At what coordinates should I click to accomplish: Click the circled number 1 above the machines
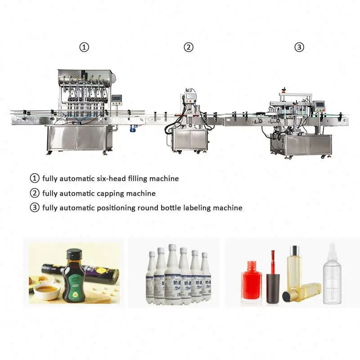coord(84,47)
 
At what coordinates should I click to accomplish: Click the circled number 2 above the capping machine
coord(189,47)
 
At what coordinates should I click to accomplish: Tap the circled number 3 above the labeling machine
coord(299,47)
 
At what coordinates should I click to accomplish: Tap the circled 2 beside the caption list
coord(35,193)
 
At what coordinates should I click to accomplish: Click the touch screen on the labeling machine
coord(320,107)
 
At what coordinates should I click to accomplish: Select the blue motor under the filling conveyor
coord(133,128)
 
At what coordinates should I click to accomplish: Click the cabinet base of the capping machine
coord(189,139)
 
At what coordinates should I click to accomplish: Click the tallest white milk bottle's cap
coord(172,248)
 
